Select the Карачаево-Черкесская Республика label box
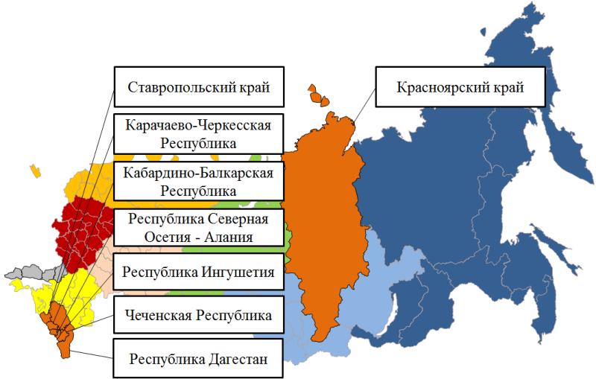point(197,133)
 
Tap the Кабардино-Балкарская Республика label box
point(197,182)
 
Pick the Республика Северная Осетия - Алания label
point(197,228)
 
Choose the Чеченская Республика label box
point(197,316)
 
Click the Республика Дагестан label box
point(197,360)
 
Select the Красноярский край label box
point(460,88)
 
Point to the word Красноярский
point(440,88)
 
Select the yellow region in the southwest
point(67,294)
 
